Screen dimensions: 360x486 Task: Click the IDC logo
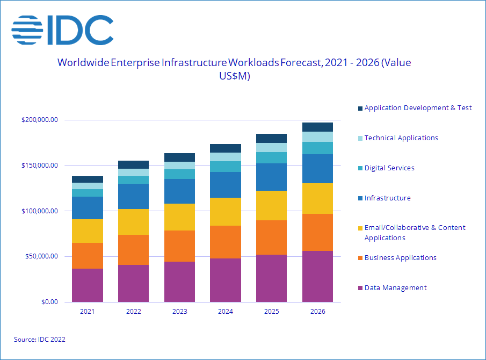pos(63,30)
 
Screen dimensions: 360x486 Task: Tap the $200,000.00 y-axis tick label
pos(39,120)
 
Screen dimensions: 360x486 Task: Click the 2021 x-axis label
pos(88,311)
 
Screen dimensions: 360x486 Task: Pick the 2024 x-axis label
pos(226,311)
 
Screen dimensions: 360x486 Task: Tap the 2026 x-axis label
pos(317,311)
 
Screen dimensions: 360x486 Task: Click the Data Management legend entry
pos(395,288)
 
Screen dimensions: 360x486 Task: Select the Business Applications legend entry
pos(400,258)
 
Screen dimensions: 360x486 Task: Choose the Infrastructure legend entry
pos(387,198)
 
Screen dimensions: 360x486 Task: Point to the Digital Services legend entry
pos(389,168)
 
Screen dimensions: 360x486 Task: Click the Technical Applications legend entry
pos(401,138)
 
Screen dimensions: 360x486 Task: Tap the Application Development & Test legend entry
pos(418,108)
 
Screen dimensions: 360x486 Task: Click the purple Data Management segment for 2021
pos(88,285)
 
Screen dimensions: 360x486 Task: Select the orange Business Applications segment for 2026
pos(317,232)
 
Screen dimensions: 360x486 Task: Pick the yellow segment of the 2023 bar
pos(179,217)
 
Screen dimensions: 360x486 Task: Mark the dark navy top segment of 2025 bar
pos(271,138)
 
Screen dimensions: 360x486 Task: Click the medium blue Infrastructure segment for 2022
pos(134,197)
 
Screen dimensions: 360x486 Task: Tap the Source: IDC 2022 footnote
pos(39,340)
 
